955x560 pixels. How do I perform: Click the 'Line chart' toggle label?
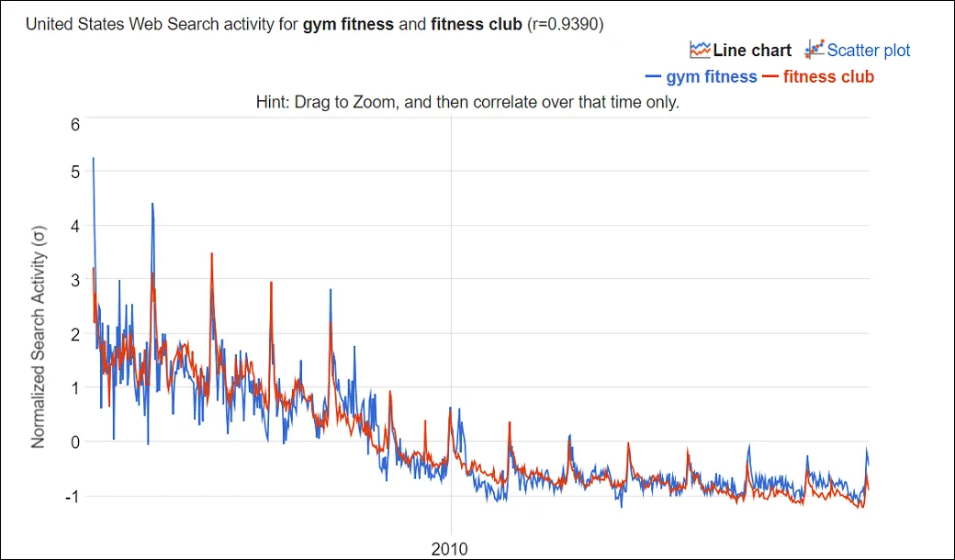tap(751, 50)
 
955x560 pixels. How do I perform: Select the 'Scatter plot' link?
tap(869, 50)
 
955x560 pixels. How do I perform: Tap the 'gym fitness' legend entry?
tap(712, 77)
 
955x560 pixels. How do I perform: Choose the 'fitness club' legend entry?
tap(828, 77)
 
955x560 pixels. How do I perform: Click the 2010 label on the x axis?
tap(450, 549)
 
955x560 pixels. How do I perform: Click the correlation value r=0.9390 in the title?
tap(564, 25)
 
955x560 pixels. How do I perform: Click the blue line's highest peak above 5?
tap(94, 159)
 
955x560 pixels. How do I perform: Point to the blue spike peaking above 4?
tap(152, 205)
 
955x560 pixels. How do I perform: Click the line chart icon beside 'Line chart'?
tap(701, 50)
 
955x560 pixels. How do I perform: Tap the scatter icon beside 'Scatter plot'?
tap(814, 50)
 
